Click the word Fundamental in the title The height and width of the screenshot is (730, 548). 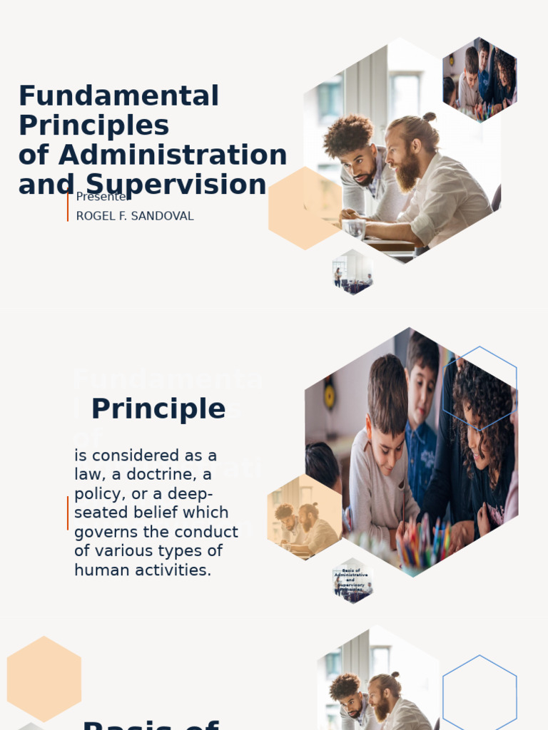click(118, 96)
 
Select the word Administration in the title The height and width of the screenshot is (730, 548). click(173, 155)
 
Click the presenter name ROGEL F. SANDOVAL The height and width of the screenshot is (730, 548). click(135, 216)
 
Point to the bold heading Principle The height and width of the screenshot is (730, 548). click(158, 409)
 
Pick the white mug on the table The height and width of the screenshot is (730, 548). click(353, 228)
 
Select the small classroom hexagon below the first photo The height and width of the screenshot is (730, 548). click(352, 272)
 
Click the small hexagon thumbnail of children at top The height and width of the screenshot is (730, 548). click(479, 78)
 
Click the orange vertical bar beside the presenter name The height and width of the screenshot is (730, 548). click(68, 207)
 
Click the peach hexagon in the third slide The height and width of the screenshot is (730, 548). click(44, 679)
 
